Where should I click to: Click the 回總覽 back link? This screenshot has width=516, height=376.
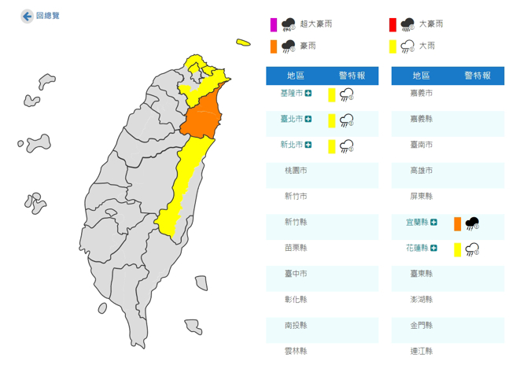(x=41, y=16)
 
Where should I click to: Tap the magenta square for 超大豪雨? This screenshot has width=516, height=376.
(x=273, y=24)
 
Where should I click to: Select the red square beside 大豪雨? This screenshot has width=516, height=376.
(x=392, y=24)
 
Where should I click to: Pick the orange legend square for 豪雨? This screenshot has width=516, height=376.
(x=273, y=46)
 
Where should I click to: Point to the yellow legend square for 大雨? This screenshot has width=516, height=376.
(x=392, y=46)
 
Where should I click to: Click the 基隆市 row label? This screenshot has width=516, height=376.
(x=291, y=94)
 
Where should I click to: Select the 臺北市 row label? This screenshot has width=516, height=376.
(x=291, y=120)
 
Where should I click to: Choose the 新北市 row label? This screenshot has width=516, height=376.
(x=291, y=145)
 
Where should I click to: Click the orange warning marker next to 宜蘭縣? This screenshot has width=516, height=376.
(x=458, y=223)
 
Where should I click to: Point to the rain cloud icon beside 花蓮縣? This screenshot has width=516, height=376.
(x=472, y=249)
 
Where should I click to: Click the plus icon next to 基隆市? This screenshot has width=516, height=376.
(x=308, y=94)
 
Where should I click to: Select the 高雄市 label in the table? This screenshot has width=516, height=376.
(x=421, y=171)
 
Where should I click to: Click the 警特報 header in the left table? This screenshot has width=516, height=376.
(x=352, y=76)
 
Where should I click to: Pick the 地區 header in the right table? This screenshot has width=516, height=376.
(x=422, y=76)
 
